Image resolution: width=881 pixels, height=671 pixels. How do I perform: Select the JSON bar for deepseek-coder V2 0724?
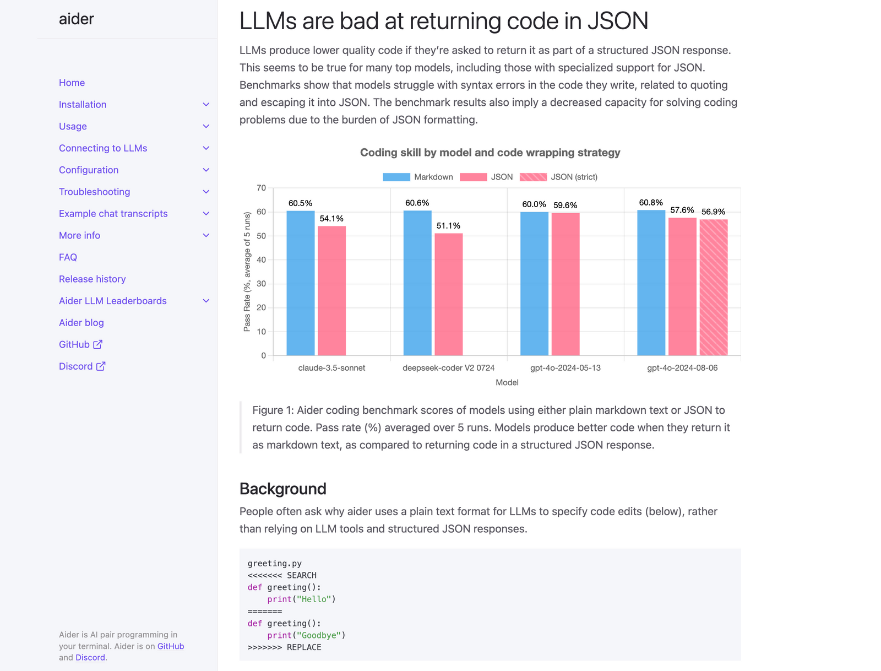tap(448, 294)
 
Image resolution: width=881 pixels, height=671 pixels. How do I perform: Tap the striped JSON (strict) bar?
tap(713, 287)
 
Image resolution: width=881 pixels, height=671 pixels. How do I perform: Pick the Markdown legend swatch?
tap(396, 177)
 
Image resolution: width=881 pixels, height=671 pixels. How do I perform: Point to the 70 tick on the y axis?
tap(261, 188)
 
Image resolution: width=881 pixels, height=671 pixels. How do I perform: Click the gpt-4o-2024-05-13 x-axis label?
tap(565, 368)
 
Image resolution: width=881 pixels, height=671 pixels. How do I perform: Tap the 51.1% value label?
tap(448, 226)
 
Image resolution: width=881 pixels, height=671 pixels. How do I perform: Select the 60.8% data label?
tap(651, 203)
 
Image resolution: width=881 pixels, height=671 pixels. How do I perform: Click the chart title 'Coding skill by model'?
tap(490, 153)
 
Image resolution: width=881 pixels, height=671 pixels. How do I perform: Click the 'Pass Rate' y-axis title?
tap(247, 272)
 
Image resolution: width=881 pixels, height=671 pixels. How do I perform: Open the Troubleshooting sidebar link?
tap(95, 192)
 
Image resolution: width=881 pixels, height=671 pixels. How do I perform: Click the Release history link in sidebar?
tap(93, 279)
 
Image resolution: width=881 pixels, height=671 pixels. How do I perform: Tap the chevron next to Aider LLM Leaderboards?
tap(206, 301)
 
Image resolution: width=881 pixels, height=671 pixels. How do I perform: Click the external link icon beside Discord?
tap(101, 366)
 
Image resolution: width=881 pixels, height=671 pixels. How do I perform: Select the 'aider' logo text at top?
tap(77, 19)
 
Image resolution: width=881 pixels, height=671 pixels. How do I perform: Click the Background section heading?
tap(283, 489)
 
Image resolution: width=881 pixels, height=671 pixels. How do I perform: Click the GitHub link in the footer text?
tap(171, 646)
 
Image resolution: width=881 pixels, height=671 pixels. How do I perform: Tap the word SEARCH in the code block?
tap(302, 575)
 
